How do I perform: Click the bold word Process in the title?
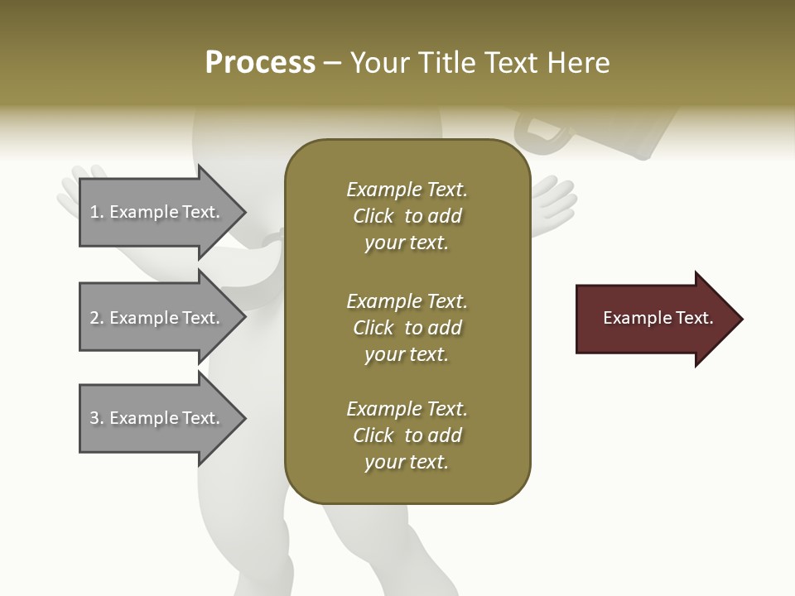260,63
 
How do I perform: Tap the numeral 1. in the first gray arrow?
96,212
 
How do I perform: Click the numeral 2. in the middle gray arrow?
96,318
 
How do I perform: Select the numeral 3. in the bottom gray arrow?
96,418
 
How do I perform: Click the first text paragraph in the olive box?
407,216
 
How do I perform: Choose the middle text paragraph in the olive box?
407,327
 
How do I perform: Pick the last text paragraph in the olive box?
407,435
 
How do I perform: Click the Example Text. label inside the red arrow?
658,318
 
